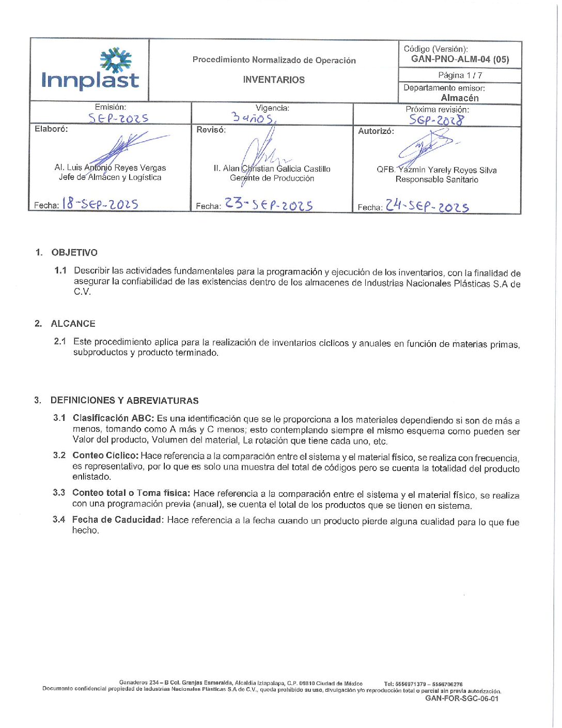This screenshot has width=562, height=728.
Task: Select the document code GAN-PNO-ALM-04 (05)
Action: tap(460, 59)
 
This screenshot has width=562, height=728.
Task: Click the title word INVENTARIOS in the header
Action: tap(274, 80)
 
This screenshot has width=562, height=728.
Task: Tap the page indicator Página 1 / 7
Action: tap(460, 75)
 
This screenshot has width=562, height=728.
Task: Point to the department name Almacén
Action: tap(460, 98)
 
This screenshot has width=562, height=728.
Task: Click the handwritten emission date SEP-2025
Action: tap(118, 118)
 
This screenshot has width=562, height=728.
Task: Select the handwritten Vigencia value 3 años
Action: tap(253, 118)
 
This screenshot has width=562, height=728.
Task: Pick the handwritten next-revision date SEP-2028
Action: tap(436, 120)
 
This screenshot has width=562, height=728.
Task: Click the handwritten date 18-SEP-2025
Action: tap(100, 204)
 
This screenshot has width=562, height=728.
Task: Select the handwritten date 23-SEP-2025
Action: tap(269, 204)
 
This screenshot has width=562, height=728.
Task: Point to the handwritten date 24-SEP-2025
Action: tap(427, 206)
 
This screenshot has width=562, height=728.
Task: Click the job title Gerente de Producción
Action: tap(272, 178)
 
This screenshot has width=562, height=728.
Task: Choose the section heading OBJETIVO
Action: tap(74, 252)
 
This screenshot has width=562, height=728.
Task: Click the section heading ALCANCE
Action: tap(73, 324)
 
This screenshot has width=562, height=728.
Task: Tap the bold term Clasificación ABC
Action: tap(113, 418)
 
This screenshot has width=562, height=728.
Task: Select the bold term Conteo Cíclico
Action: tap(105, 456)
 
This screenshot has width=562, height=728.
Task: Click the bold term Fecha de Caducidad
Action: tap(117, 520)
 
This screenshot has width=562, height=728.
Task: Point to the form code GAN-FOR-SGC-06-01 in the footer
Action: tap(462, 699)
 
